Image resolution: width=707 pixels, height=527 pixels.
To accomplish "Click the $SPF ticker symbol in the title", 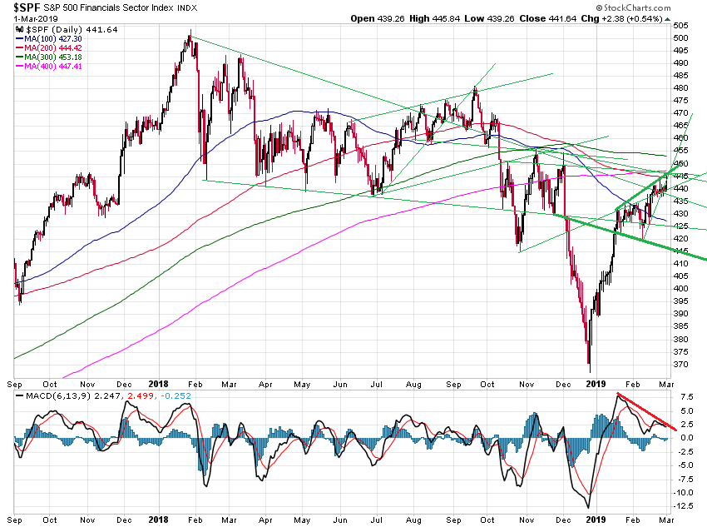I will [x=26, y=7].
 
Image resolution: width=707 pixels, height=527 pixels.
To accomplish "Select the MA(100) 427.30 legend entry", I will [x=55, y=37].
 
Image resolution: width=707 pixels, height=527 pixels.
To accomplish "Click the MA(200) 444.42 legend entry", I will [x=55, y=47].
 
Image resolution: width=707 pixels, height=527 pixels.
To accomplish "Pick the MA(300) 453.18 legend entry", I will [x=55, y=56].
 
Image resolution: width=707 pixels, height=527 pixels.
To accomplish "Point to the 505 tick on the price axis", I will [x=680, y=37].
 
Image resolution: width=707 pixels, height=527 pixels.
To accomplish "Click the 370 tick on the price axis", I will [x=680, y=364].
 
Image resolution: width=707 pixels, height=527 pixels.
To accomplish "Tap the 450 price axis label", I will [x=680, y=163].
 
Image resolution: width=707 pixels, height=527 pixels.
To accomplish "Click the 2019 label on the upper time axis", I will [x=596, y=384].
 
